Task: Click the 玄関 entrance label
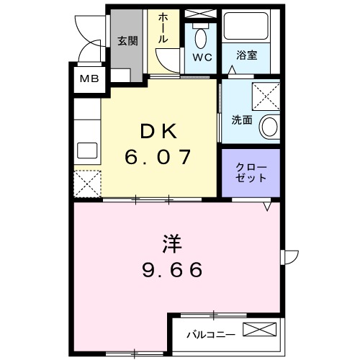pos(129,40)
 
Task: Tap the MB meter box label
pos(89,78)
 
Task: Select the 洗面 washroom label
pos(241,120)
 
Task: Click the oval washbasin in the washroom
pos(269,127)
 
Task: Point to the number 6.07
pos(158,156)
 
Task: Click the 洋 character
pos(171,243)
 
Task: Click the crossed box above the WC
pos(200,14)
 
